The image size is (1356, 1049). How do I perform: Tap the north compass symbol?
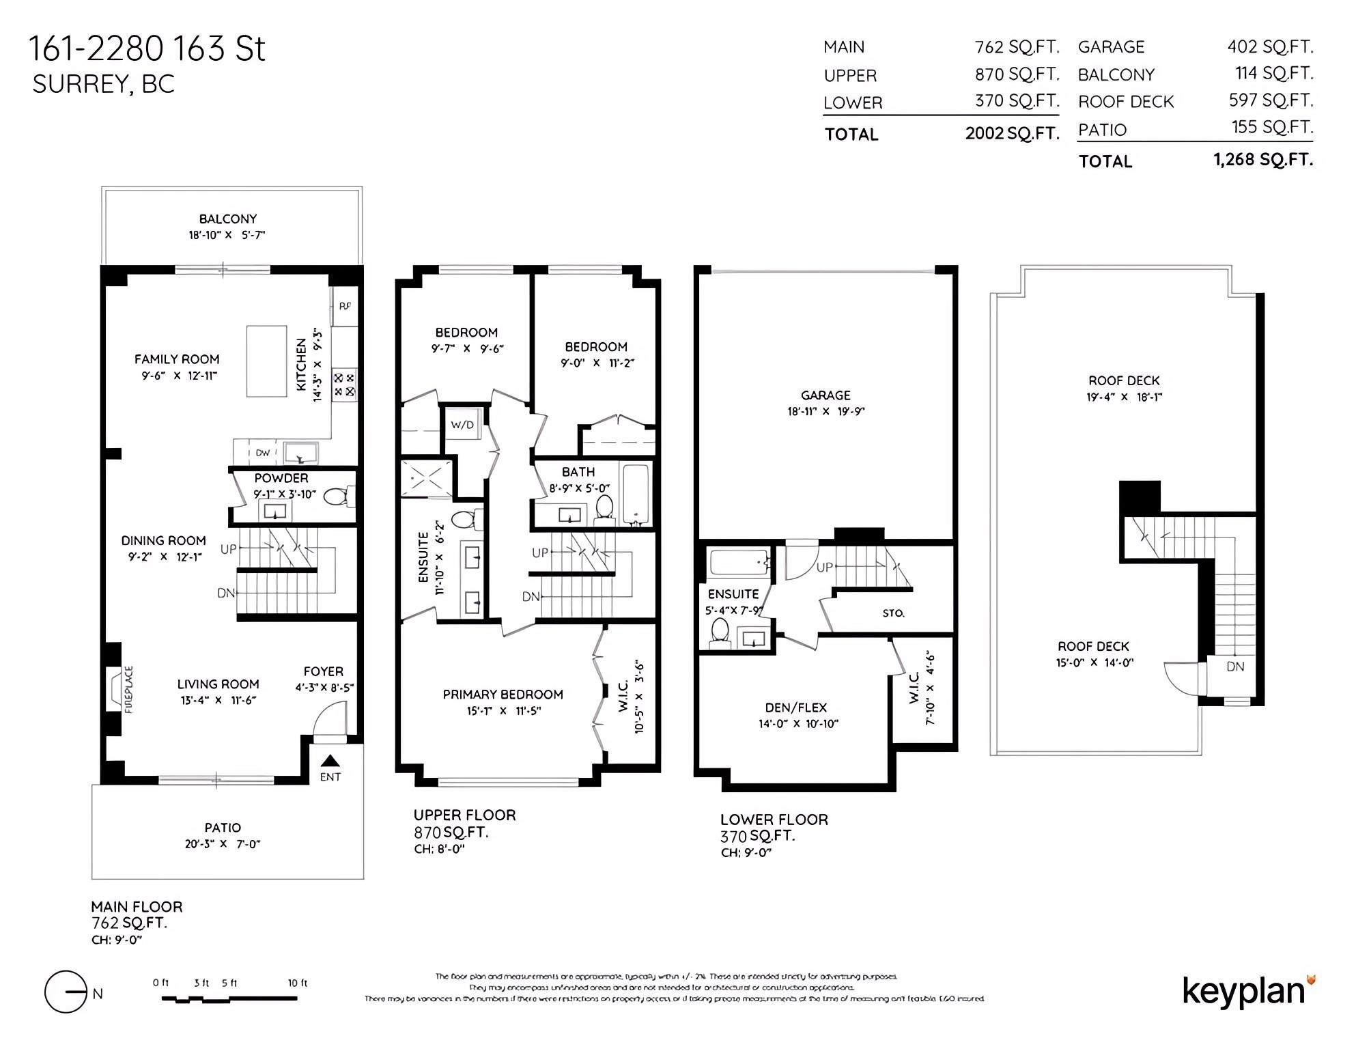pyautogui.click(x=66, y=992)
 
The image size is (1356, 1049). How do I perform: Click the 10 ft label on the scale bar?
pyautogui.click(x=298, y=983)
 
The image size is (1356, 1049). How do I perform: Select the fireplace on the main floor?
pyautogui.click(x=113, y=690)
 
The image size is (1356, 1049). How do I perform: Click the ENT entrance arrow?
pyautogui.click(x=330, y=761)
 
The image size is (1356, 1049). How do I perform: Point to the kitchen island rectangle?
pyautogui.click(x=266, y=361)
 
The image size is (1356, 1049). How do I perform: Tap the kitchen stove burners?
pyautogui.click(x=344, y=385)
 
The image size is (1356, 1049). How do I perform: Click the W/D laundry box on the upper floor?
pyautogui.click(x=462, y=425)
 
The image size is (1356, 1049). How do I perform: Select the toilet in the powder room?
pyautogui.click(x=336, y=496)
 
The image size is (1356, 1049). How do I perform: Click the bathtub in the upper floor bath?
pyautogui.click(x=636, y=492)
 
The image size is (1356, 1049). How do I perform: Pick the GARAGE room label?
pyautogui.click(x=825, y=395)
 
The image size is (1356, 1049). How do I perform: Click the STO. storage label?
pyautogui.click(x=893, y=613)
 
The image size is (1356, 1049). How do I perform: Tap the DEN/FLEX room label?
pyautogui.click(x=796, y=708)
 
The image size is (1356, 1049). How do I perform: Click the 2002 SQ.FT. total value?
pyautogui.click(x=1012, y=133)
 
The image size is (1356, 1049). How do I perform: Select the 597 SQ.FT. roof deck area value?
pyautogui.click(x=1271, y=100)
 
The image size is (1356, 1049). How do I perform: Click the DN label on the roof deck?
pyautogui.click(x=1235, y=667)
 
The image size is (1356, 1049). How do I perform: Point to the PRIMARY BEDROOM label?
pyautogui.click(x=503, y=695)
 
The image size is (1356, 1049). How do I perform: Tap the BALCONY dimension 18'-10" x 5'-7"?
pyautogui.click(x=227, y=235)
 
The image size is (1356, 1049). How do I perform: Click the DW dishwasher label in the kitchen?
pyautogui.click(x=263, y=453)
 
